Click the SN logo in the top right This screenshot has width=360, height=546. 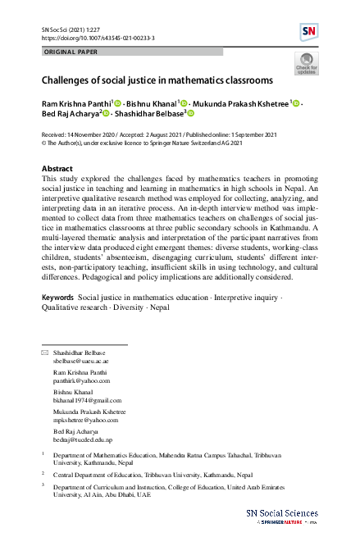[309, 32]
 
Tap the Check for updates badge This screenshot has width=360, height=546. [306, 64]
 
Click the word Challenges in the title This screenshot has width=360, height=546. [74, 82]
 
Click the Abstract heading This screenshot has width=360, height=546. [57, 167]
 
